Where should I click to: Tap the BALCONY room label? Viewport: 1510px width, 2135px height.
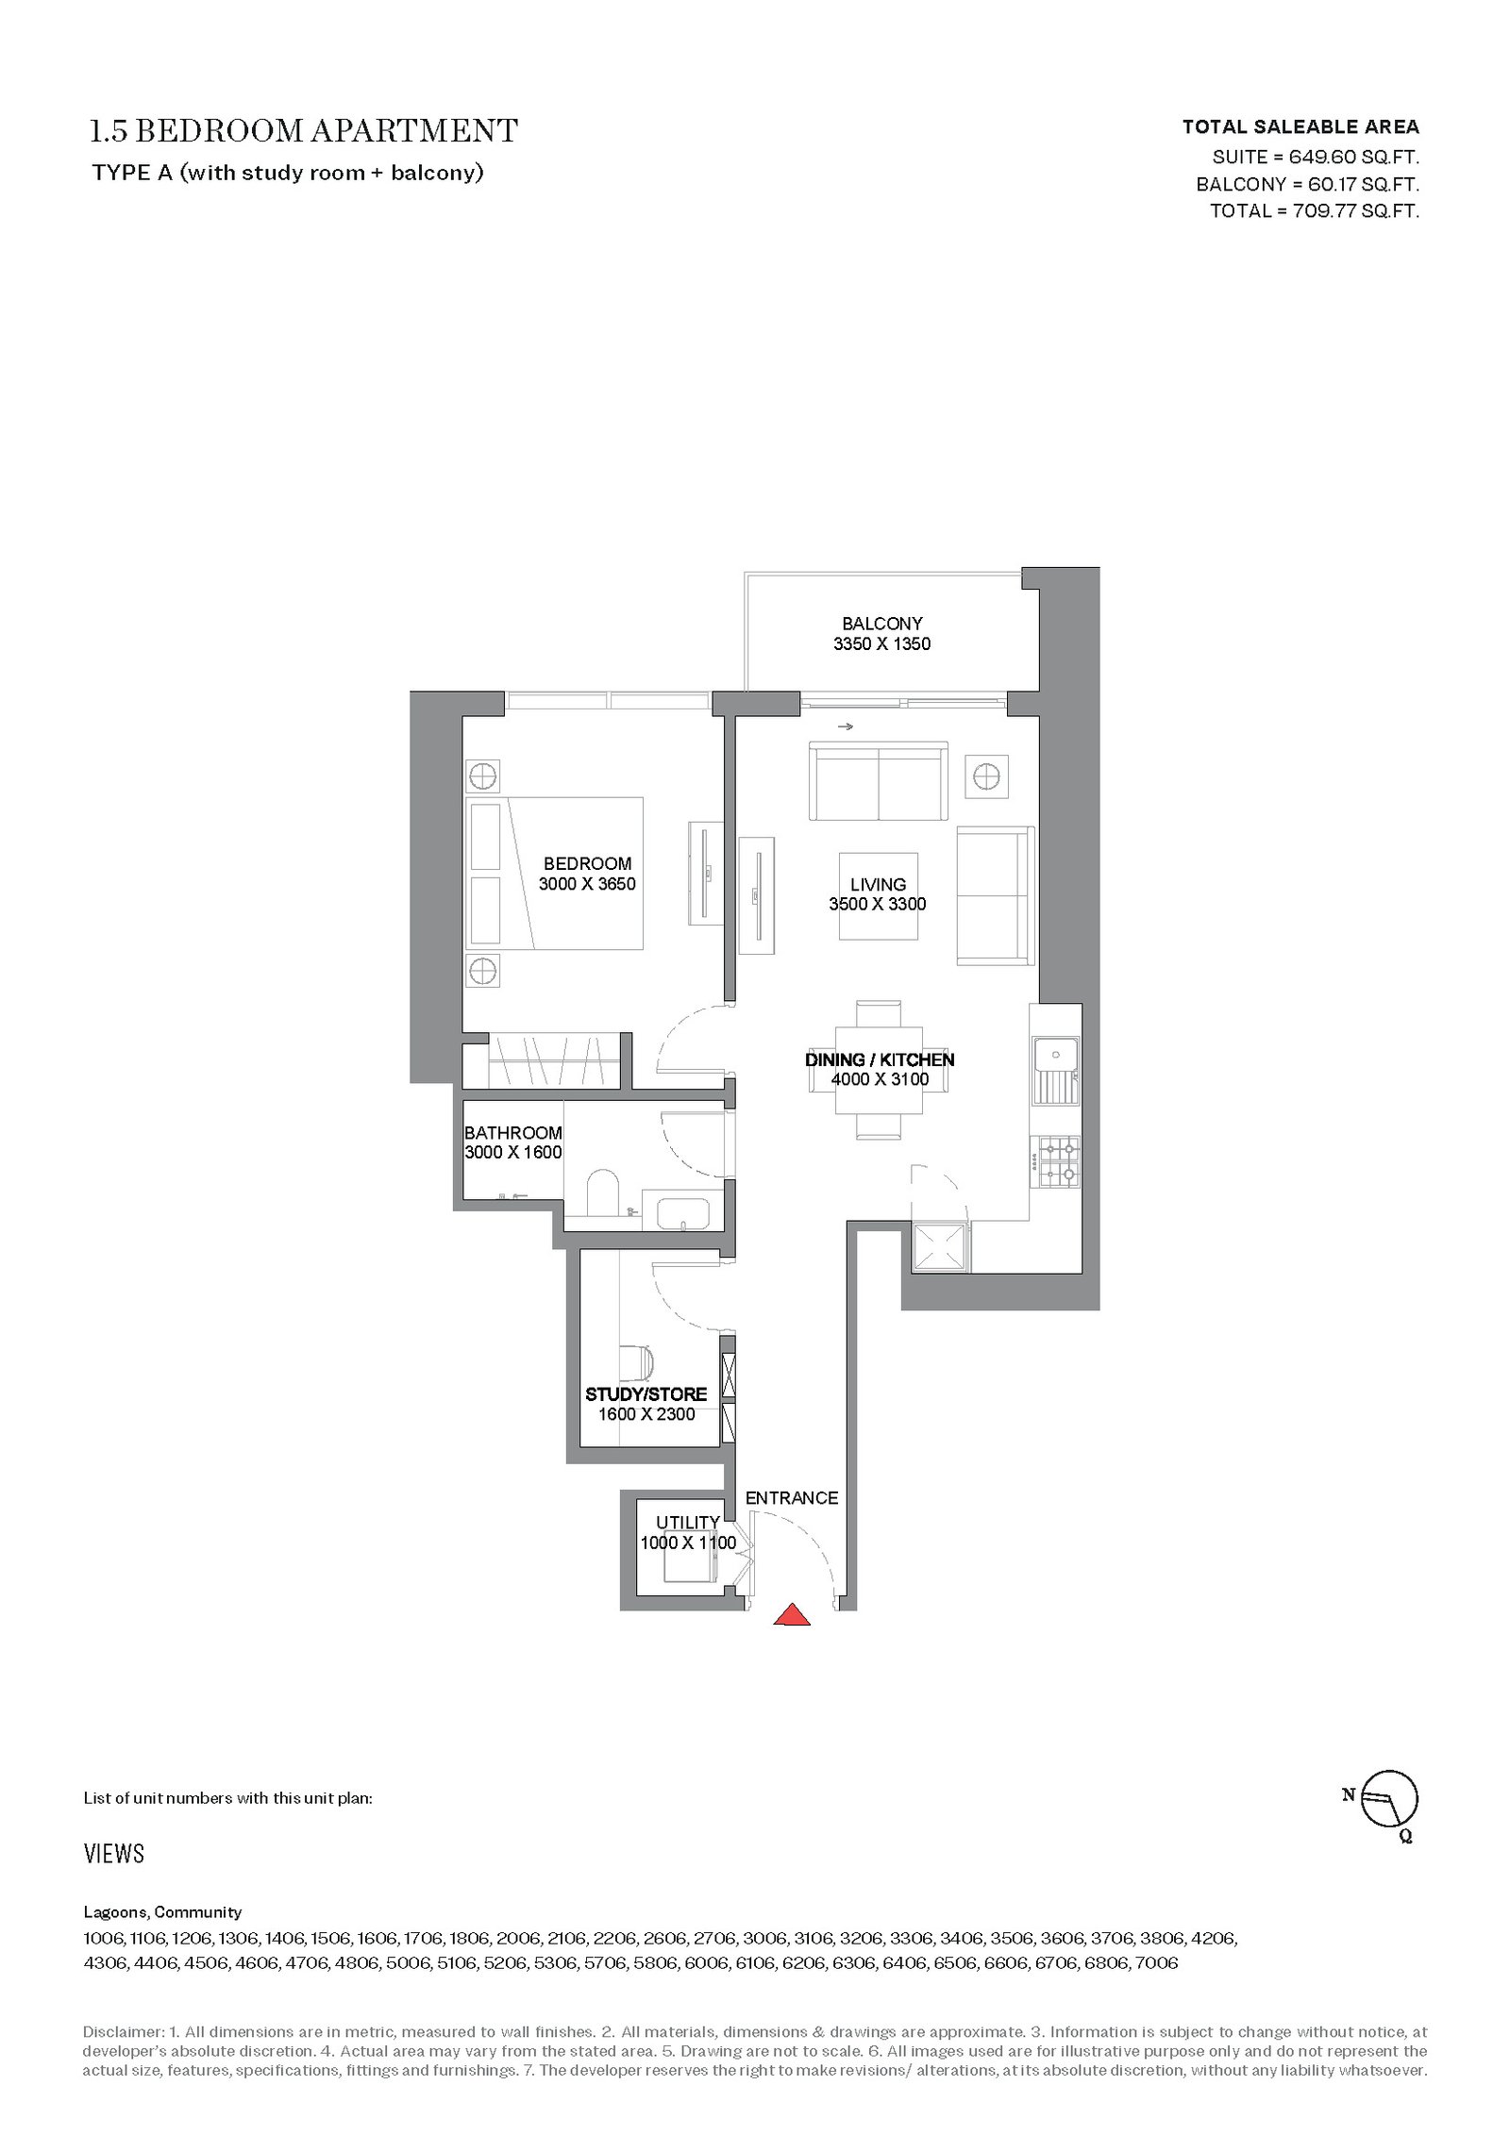[881, 624]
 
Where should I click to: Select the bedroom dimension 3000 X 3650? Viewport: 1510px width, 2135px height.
[587, 884]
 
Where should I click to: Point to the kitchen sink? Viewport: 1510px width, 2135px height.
[1055, 1071]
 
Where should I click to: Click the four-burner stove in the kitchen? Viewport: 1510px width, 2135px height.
[1058, 1161]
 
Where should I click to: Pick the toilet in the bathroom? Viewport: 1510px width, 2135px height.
[601, 1193]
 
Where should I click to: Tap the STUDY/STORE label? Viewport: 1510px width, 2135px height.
[646, 1394]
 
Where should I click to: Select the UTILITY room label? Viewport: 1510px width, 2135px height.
[688, 1522]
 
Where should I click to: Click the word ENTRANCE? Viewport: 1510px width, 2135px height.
[792, 1497]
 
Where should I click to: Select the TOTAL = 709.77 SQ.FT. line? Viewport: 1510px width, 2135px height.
[1315, 210]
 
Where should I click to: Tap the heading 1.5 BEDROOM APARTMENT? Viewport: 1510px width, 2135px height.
[304, 131]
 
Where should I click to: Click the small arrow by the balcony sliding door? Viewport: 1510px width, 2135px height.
[845, 726]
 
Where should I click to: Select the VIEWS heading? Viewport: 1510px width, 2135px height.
[114, 1854]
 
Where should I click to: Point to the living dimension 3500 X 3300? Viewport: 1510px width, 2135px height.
[878, 904]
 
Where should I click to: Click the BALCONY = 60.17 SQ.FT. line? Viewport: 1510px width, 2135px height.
[1308, 184]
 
